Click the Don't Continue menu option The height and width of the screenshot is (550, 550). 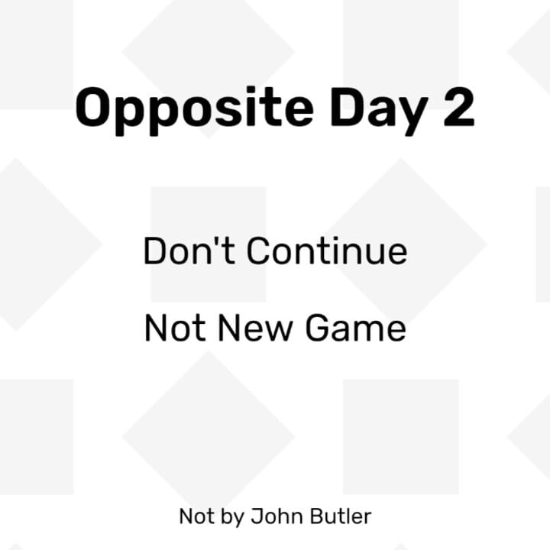click(275, 251)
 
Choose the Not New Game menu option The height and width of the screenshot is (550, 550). click(275, 328)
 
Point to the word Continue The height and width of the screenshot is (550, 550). click(327, 251)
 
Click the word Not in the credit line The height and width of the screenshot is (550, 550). click(196, 516)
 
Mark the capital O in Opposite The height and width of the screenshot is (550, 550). click(92, 108)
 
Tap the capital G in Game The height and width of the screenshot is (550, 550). click(318, 328)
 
